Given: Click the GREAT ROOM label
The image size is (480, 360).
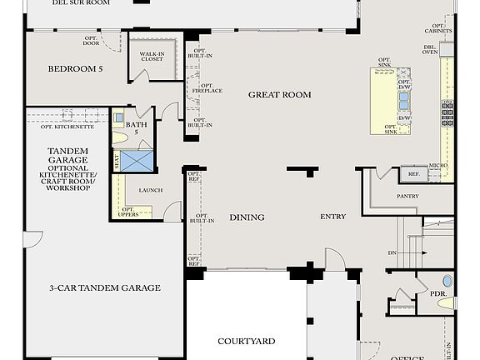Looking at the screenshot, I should pyautogui.click(x=279, y=95).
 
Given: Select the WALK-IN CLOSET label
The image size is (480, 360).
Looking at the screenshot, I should pyautogui.click(x=151, y=56).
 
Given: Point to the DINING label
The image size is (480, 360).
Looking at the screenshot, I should pyautogui.click(x=247, y=217).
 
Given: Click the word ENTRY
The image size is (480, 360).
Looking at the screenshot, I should pyautogui.click(x=332, y=217).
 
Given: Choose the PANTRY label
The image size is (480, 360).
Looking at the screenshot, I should pyautogui.click(x=407, y=197).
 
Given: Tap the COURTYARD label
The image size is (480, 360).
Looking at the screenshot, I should pyautogui.click(x=247, y=342).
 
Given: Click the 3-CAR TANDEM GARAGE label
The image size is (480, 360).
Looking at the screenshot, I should pyautogui.click(x=104, y=288).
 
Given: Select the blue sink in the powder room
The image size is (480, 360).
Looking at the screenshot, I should pyautogui.click(x=447, y=282).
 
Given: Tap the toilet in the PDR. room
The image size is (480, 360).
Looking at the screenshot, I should pyautogui.click(x=446, y=304).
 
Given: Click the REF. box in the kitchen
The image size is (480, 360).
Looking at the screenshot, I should pyautogui.click(x=413, y=174).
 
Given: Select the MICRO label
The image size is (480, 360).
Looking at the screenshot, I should pyautogui.click(x=438, y=166).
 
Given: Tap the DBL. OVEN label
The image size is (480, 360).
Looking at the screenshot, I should pyautogui.click(x=430, y=49).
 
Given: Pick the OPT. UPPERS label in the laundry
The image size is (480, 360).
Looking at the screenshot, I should pyautogui.click(x=129, y=212).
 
